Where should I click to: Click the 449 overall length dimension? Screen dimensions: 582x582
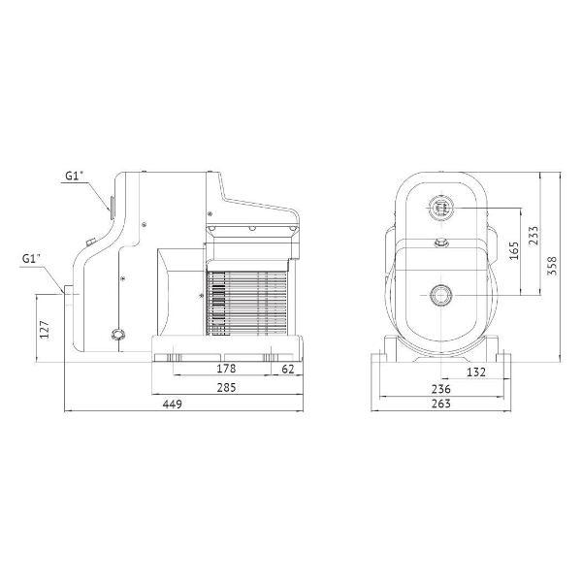pos(173,404)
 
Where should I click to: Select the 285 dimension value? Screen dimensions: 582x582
pos(226,387)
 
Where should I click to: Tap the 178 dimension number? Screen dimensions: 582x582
pos(226,369)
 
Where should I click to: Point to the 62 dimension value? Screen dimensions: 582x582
pos(288,369)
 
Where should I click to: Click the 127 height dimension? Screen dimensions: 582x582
pos(45,329)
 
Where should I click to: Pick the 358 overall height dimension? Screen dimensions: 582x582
pos(553,266)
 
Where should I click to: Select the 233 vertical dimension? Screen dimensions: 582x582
pos(533,235)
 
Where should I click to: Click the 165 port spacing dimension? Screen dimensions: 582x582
pos(514,251)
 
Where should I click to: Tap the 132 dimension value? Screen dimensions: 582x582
pos(476,372)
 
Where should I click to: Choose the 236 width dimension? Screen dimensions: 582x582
pos(441,389)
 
